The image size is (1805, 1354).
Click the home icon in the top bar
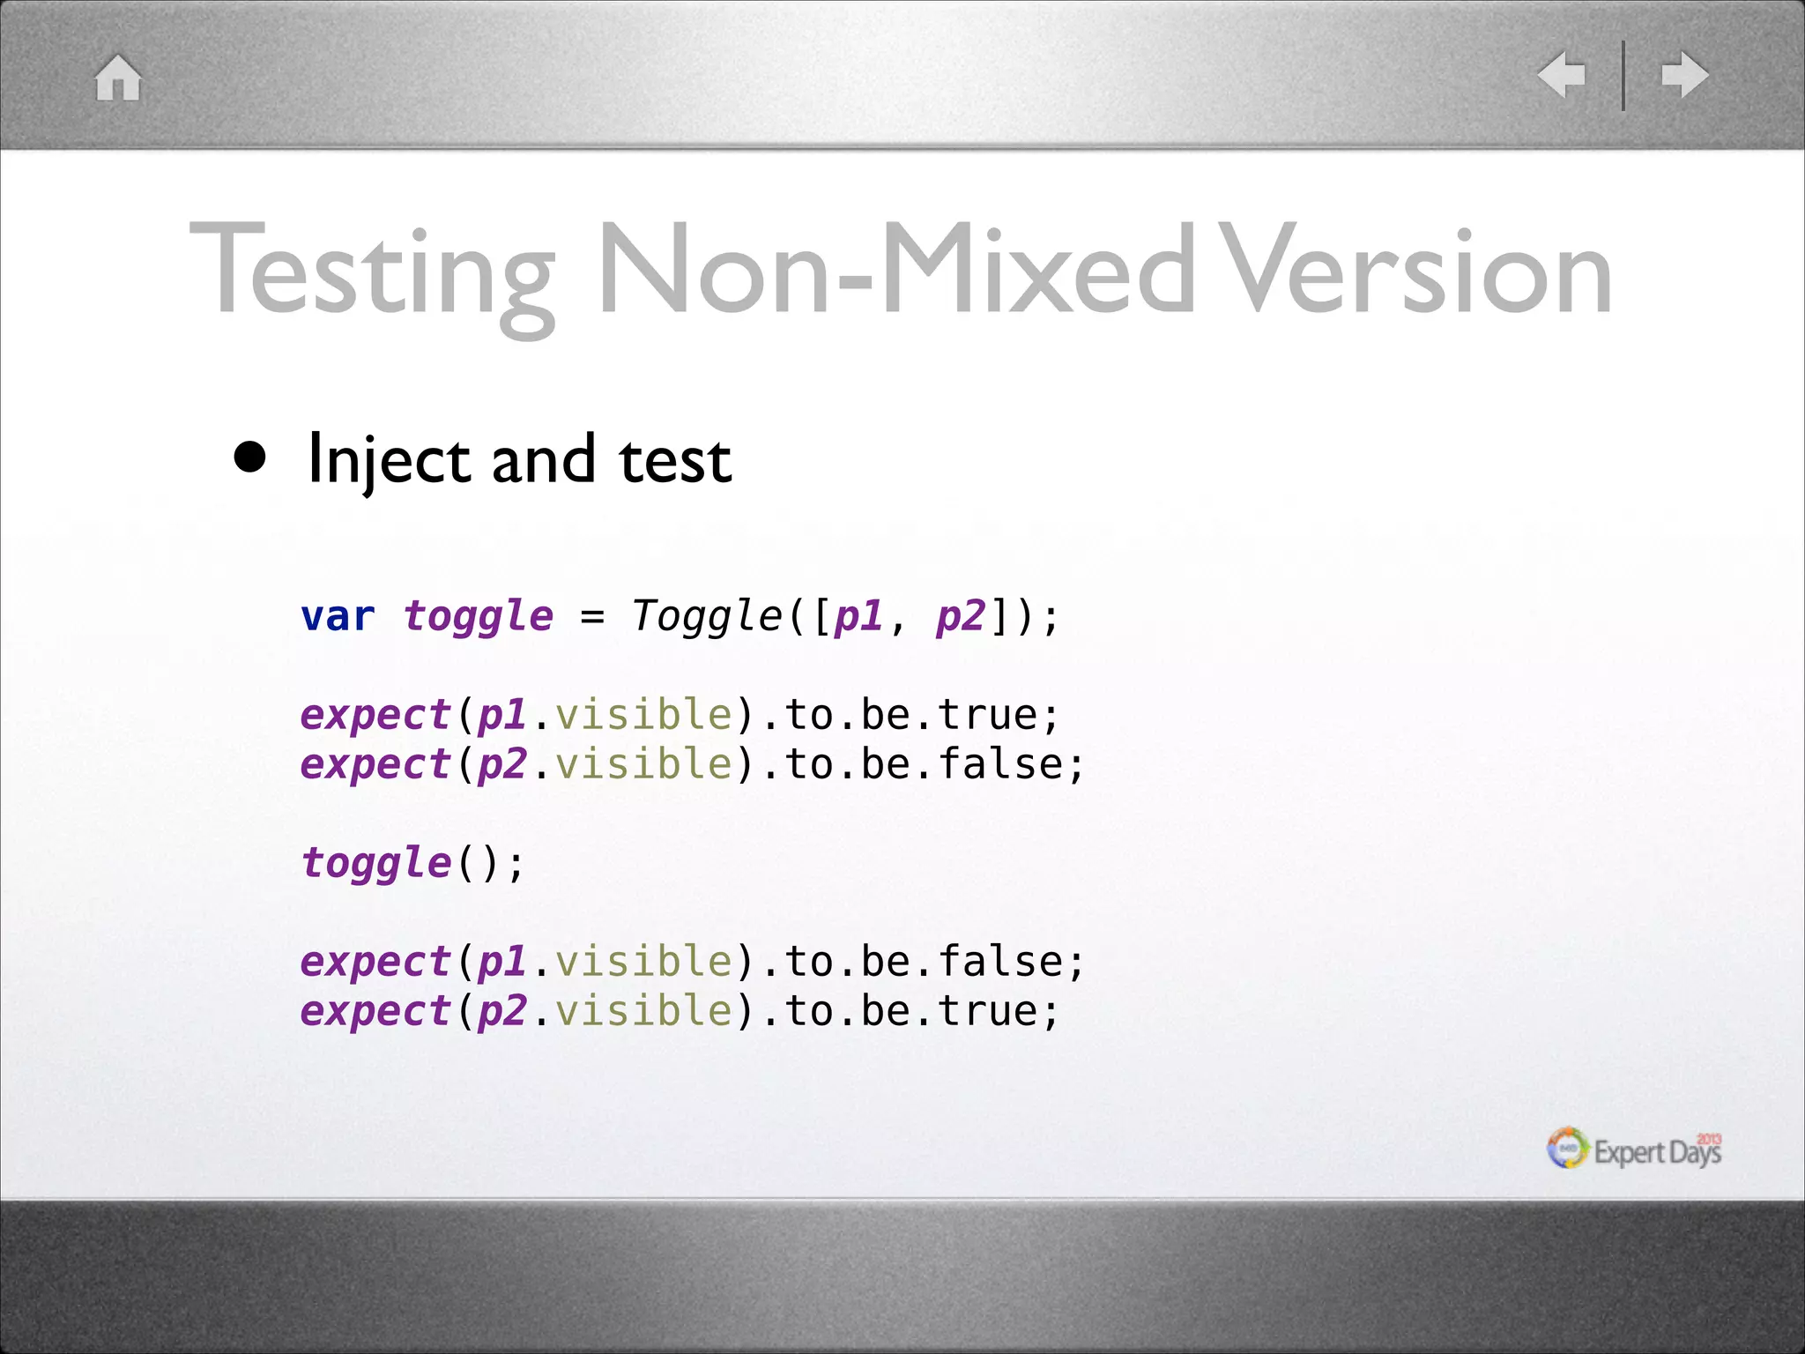[x=118, y=78]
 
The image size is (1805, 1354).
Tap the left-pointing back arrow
[x=1562, y=75]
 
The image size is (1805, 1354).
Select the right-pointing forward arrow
[x=1685, y=75]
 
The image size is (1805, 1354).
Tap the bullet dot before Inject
[x=250, y=458]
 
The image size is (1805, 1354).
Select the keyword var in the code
[x=338, y=616]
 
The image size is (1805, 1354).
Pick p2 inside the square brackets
[x=961, y=616]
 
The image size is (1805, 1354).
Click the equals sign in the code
[x=592, y=617]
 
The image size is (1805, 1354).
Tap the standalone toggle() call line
[x=412, y=863]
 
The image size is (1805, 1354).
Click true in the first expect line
[x=987, y=714]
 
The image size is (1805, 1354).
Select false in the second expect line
[x=999, y=763]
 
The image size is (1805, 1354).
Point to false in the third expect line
[x=999, y=961]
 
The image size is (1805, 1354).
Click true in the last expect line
[x=987, y=1010]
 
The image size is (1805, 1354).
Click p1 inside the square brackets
[x=858, y=616]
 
